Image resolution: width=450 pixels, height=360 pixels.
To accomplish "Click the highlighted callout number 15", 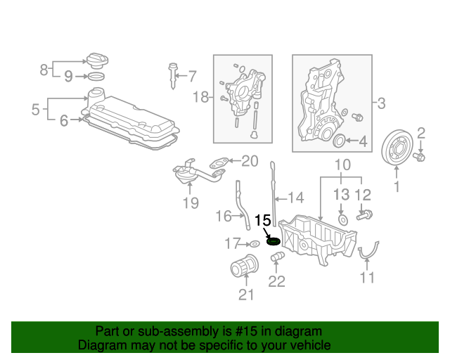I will coord(262,221).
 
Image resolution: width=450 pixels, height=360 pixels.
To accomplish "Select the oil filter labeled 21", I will coord(244,269).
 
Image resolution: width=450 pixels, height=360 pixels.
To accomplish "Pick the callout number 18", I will coord(202,98).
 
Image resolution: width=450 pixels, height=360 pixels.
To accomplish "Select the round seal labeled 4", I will coord(339,142).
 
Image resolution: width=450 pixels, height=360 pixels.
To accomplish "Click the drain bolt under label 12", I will coord(366,214).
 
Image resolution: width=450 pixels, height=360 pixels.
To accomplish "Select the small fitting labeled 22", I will coord(276,260).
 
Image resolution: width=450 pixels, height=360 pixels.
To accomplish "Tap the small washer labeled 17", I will coord(254,244).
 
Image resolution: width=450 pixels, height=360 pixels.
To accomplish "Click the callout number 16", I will coord(223,215).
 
